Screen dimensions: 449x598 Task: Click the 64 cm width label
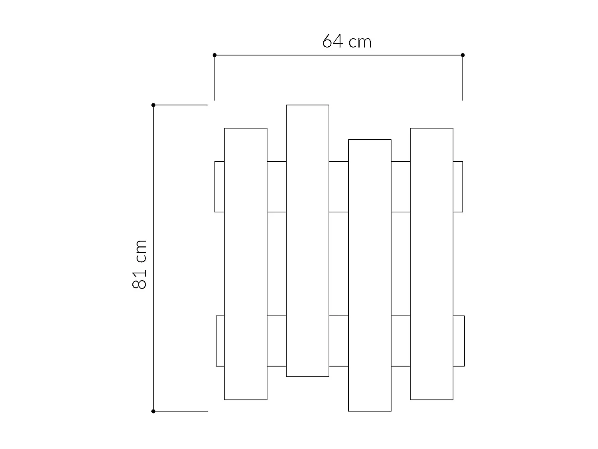click(347, 42)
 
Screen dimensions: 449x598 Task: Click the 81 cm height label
click(140, 264)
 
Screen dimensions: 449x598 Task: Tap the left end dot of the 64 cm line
click(215, 55)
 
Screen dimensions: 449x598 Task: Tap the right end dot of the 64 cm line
click(462, 55)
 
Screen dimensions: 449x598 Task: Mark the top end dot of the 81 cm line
click(153, 105)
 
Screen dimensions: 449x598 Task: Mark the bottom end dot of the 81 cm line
click(153, 411)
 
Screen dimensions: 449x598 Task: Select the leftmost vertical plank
click(246, 263)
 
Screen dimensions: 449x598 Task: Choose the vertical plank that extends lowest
click(370, 275)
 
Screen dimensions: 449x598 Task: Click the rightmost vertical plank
click(432, 263)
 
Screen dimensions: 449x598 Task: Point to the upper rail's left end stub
click(220, 187)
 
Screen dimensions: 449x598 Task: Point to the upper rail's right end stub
click(458, 187)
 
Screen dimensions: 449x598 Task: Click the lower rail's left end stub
click(220, 341)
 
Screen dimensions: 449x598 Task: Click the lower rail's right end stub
click(458, 341)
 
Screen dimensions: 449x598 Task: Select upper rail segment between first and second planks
click(277, 187)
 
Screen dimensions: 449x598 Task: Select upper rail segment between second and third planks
click(338, 187)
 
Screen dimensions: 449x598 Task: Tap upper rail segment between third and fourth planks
click(401, 187)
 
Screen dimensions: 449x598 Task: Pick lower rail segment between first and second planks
click(277, 341)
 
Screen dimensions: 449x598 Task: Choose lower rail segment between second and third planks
click(338, 341)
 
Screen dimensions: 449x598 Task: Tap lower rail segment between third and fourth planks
click(401, 341)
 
